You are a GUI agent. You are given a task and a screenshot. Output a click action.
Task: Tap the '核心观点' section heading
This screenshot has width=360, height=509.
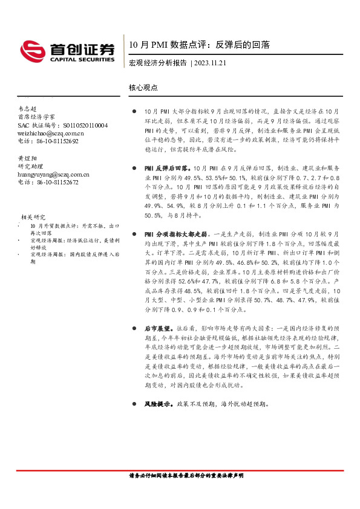[x=143, y=87]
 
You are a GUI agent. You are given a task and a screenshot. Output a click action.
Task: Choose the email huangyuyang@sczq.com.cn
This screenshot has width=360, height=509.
[x=53, y=174]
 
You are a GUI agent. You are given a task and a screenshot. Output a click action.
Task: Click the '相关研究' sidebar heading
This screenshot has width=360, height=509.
[x=33, y=216]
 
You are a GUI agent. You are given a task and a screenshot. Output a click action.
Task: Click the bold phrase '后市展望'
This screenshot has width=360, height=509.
[x=156, y=328]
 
